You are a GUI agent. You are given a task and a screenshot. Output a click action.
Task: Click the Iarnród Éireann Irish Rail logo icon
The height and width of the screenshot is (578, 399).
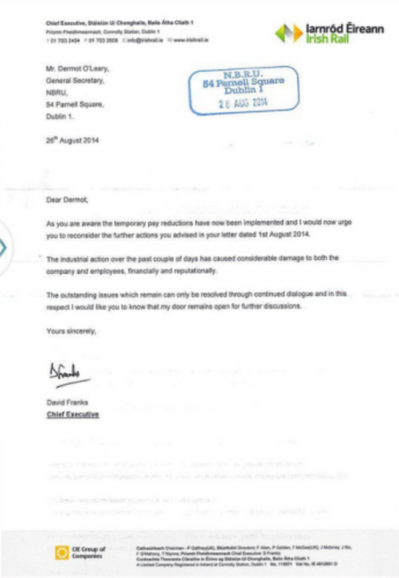289,33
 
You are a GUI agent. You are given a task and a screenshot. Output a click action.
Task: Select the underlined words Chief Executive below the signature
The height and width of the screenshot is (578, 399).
73,415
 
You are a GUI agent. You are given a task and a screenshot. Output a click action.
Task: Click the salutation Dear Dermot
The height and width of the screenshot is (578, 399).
68,199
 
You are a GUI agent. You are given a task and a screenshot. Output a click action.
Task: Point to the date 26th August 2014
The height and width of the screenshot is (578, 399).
72,140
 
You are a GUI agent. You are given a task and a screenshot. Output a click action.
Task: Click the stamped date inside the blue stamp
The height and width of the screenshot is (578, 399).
244,102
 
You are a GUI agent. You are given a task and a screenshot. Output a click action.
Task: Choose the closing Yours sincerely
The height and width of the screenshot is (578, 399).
71,331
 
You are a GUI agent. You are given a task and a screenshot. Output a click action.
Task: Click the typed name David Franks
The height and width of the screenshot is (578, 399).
68,403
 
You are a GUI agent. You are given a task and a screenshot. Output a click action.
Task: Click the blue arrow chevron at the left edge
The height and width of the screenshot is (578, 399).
4,248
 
